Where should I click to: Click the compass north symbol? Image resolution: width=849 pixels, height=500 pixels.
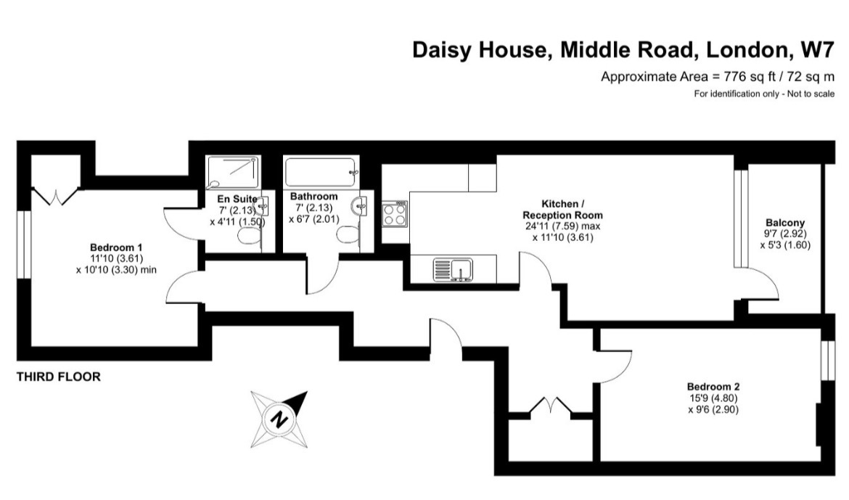coord(279,419)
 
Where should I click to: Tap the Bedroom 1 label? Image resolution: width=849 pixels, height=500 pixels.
coord(116,247)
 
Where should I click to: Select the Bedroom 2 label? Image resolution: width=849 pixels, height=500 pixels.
coord(713,387)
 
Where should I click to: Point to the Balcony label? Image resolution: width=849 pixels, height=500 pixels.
coord(785,223)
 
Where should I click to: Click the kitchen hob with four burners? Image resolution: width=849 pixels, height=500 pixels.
coord(395,214)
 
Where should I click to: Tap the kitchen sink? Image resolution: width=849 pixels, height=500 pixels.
coord(454,270)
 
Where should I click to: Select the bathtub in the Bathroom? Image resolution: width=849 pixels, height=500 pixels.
coord(321,173)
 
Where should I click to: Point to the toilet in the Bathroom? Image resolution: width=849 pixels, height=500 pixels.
coord(348,234)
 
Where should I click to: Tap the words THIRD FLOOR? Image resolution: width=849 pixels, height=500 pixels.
coord(59,377)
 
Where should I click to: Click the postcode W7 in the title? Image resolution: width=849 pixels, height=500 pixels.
coord(817,50)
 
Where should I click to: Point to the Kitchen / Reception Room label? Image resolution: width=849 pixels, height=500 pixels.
coord(562,210)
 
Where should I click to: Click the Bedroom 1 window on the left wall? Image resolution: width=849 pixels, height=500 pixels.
coord(25,245)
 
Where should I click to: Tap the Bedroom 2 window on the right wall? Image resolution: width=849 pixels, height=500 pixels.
coord(828,360)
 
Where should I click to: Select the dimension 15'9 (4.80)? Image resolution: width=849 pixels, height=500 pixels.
coord(713,398)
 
